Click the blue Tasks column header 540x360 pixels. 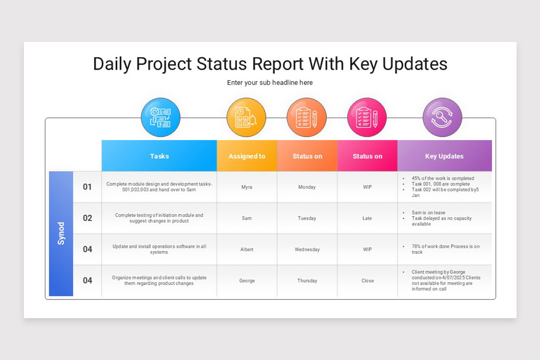(x=159, y=156)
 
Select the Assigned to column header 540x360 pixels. (x=247, y=156)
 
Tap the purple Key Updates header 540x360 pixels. (x=444, y=156)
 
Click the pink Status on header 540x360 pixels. (x=367, y=156)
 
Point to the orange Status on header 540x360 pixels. (x=307, y=156)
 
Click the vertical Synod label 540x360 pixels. (x=61, y=234)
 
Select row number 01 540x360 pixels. (x=87, y=187)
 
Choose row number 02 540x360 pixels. (x=87, y=218)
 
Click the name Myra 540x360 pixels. (x=247, y=187)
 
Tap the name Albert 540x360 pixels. (x=247, y=249)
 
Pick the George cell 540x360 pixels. (x=247, y=281)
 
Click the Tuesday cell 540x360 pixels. (x=307, y=218)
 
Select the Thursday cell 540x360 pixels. (x=307, y=281)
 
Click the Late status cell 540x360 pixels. (x=367, y=218)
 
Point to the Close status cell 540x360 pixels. (x=367, y=281)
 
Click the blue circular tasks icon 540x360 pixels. (x=161, y=117)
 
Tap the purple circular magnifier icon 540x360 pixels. (x=442, y=117)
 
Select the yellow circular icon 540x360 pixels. (x=246, y=117)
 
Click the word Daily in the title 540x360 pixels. (x=113, y=64)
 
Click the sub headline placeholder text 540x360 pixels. (x=270, y=83)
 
